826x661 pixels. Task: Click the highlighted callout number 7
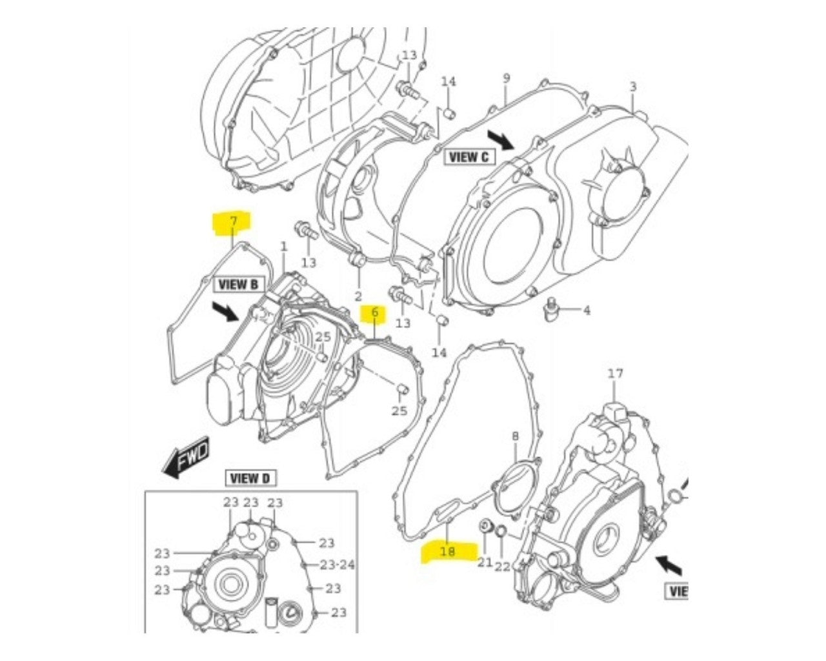(234, 221)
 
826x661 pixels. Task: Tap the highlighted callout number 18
(447, 552)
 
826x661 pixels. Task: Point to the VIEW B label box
(237, 283)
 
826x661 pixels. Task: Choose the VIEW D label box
(250, 478)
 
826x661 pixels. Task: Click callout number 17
(616, 373)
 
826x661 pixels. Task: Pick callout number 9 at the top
(507, 77)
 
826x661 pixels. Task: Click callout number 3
(632, 86)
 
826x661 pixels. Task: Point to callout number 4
(586, 310)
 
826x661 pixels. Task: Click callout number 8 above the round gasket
(515, 436)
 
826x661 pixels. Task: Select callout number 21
(485, 563)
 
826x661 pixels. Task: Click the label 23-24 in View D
(337, 565)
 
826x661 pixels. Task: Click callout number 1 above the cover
(283, 247)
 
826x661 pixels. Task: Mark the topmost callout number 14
(448, 81)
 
